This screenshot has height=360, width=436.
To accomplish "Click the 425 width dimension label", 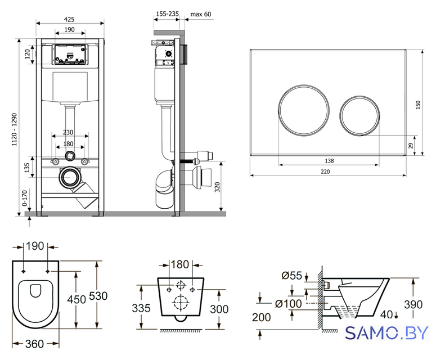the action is click(69, 19).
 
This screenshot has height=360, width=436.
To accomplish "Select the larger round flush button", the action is click(304, 110).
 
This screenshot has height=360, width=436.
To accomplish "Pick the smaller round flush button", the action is click(359, 116).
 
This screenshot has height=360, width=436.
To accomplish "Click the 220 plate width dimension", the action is click(325, 172).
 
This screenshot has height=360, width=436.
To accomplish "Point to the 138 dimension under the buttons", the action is click(329, 161).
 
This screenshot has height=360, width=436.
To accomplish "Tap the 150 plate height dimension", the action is click(418, 105).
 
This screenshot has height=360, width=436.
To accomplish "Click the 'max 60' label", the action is click(201, 14).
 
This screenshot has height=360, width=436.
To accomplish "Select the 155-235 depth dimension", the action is click(168, 13).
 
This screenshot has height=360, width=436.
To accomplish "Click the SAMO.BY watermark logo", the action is click(386, 333).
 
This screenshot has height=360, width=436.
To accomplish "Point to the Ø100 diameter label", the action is click(289, 304).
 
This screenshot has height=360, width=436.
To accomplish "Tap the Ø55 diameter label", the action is click(291, 276).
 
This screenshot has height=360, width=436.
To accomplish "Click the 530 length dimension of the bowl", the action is click(98, 296).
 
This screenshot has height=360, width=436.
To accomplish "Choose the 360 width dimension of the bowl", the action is click(34, 344).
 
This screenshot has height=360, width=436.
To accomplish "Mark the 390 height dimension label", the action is click(413, 304).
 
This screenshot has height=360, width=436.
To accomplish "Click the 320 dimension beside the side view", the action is click(217, 187).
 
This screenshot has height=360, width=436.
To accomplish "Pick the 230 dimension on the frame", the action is click(68, 132).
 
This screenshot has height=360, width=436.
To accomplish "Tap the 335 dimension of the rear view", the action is click(141, 308).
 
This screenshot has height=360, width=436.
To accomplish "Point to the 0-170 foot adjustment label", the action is click(25, 198).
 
